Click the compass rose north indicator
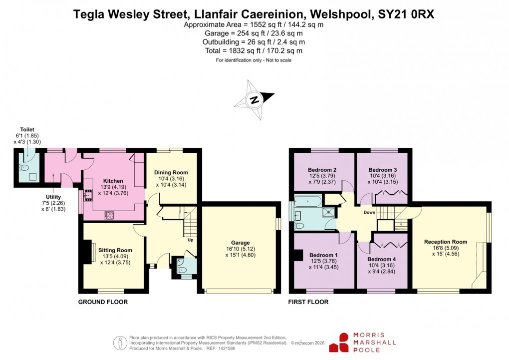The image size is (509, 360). click(x=254, y=100)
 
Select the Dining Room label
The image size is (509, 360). click(x=171, y=173)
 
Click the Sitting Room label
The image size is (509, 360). click(x=115, y=250)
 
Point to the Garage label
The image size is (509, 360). click(x=240, y=243)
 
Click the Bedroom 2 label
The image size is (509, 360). click(x=322, y=170)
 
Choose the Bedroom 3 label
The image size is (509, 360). click(x=383, y=170)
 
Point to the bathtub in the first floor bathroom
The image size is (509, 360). click(x=308, y=201)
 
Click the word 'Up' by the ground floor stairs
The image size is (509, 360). click(x=190, y=240)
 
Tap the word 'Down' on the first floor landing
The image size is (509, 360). click(x=369, y=212)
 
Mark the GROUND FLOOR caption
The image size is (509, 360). click(x=103, y=302)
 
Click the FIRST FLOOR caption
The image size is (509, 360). click(x=308, y=302)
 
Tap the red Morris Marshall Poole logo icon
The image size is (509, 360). click(x=343, y=342)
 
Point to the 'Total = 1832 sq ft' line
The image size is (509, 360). click(x=254, y=50)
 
